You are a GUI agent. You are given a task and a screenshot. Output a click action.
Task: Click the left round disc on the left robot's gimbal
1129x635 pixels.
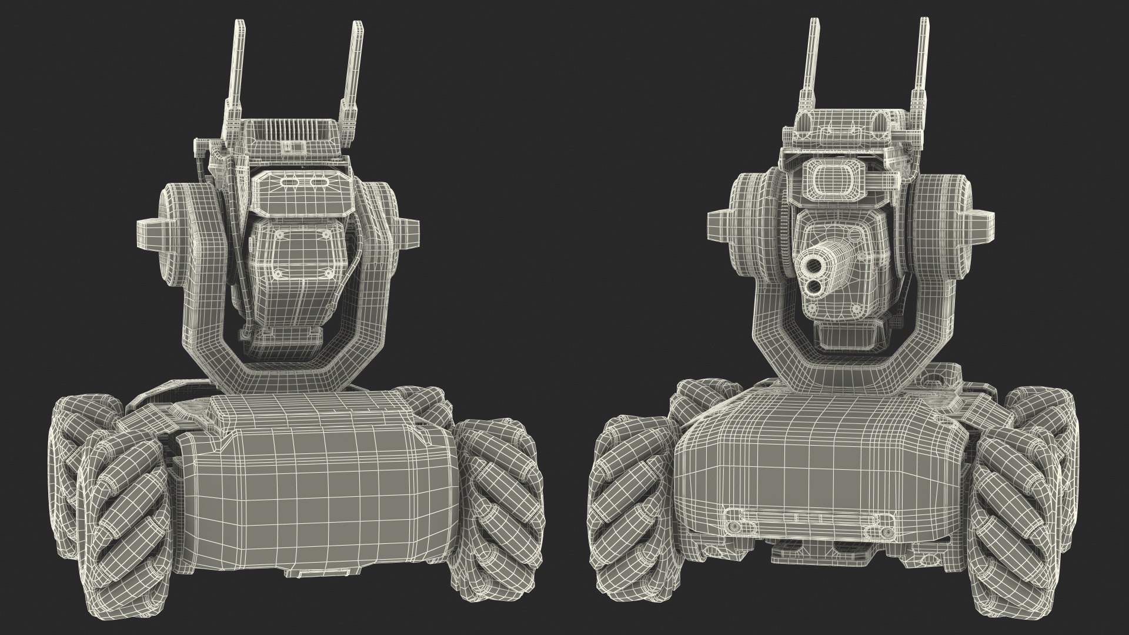(176, 226)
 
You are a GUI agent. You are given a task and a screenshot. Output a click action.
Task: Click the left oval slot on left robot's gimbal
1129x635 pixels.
(289, 183)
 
